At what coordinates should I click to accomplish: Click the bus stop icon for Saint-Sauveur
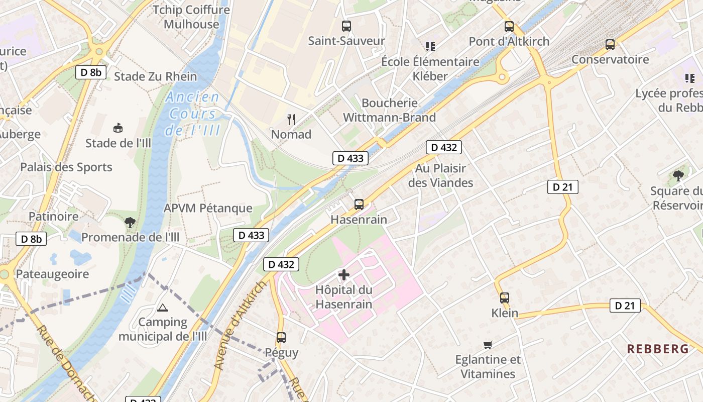[x=346, y=26]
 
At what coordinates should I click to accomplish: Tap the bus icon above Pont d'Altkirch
[x=509, y=27]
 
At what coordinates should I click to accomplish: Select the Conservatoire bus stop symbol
[x=610, y=45]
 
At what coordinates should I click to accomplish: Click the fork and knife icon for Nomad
[x=291, y=119]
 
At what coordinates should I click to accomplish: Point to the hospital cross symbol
[x=344, y=275]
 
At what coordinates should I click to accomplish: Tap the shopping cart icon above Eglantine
[x=488, y=345]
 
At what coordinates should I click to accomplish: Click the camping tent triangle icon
[x=162, y=307]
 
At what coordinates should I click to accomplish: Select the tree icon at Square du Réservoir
[x=678, y=175]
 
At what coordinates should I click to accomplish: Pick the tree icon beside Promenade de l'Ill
[x=130, y=222]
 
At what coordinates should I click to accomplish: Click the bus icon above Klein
[x=505, y=297]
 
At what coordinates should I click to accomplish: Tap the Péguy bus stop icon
[x=281, y=338]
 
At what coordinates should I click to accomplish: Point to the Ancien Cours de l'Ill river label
[x=193, y=114]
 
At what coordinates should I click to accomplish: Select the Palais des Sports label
[x=66, y=167]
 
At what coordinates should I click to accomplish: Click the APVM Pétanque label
[x=208, y=208]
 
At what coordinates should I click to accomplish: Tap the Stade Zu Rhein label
[x=156, y=77]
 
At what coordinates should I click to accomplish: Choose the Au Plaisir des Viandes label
[x=440, y=175]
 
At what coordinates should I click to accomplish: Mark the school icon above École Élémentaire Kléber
[x=430, y=47]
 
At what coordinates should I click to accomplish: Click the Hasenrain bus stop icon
[x=359, y=204]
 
